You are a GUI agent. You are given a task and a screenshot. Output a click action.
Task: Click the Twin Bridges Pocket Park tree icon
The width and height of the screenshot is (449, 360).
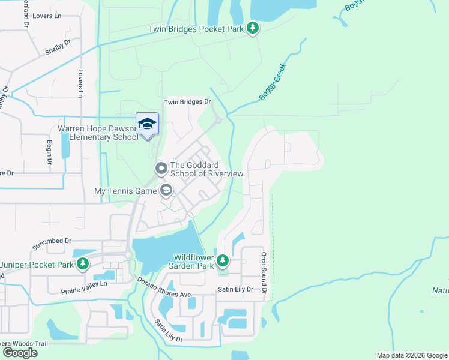coord(253,28)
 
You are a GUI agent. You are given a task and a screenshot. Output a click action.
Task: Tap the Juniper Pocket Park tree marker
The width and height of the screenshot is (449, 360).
coord(83,264)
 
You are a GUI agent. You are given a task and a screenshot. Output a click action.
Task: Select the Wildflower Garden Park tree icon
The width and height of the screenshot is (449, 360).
coord(223,260)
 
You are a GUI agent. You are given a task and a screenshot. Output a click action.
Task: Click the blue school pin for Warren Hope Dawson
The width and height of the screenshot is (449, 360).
coord(147,124)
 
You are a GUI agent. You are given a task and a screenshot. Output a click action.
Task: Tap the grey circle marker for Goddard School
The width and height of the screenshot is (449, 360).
coord(161,169)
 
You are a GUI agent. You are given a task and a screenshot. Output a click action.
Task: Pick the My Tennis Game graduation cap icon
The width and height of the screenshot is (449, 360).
coord(166,191)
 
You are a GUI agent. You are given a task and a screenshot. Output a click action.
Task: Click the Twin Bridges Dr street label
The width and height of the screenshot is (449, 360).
coord(188,102)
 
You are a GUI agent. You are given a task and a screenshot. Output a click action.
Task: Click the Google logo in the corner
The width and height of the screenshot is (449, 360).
coord(20,352)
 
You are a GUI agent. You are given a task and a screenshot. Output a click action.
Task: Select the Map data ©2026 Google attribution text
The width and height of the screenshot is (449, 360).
coord(412,355)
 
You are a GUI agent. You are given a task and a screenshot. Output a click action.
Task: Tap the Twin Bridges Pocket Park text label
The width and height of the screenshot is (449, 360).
coord(196,29)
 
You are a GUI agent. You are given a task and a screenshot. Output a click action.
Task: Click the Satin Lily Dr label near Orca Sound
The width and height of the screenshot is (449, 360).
coord(236,289)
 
